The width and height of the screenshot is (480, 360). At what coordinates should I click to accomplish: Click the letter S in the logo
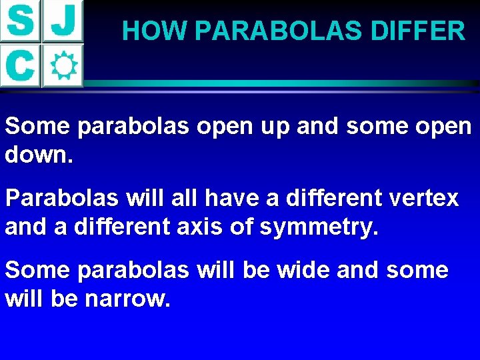(x=21, y=21)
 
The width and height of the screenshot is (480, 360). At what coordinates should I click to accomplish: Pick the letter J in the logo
(x=63, y=21)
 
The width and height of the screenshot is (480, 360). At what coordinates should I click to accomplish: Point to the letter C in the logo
(x=21, y=65)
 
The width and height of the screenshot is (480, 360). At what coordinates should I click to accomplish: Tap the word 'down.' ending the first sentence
(x=39, y=156)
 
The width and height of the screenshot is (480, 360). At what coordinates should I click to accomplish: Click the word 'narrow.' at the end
(x=127, y=299)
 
